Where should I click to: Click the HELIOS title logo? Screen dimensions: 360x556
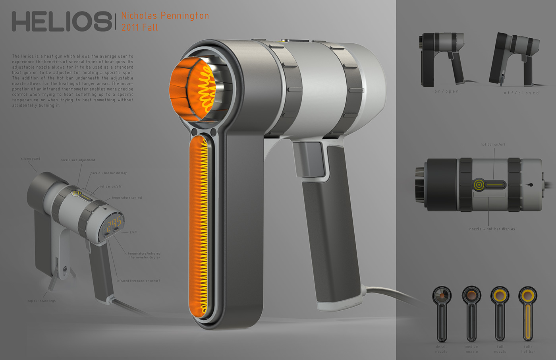point(62,21)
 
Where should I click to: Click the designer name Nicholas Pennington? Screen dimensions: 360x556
point(165,16)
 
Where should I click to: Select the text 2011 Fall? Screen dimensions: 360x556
point(139,28)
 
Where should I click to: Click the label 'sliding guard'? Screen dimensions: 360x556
point(31,159)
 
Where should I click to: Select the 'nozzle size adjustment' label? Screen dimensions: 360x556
point(78,160)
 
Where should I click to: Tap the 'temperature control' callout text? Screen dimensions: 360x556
point(127,197)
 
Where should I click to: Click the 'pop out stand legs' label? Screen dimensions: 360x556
point(41,301)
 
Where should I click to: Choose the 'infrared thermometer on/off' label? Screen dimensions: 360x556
point(138,281)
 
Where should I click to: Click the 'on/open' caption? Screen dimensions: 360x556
point(446,91)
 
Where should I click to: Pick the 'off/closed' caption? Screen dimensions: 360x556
point(521,93)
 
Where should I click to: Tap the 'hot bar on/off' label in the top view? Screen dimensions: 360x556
point(493,144)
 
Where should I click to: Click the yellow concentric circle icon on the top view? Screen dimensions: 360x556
point(479,185)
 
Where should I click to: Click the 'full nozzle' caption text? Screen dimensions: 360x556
point(500,349)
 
